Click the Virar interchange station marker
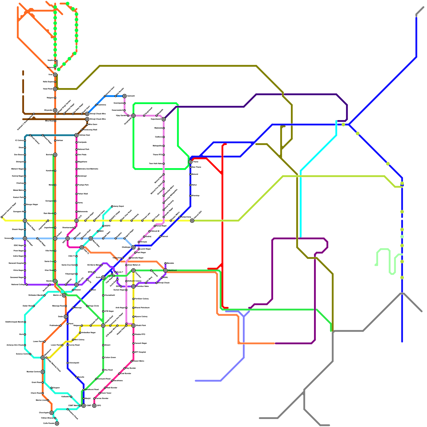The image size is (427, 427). click(x=55, y=75)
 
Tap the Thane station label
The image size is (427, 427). click(x=196, y=162)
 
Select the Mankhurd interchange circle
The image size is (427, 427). click(x=165, y=270)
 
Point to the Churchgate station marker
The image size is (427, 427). click(x=52, y=413)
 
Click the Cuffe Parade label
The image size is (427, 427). click(x=49, y=423)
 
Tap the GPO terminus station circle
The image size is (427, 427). click(x=94, y=406)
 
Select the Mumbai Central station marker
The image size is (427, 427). click(x=43, y=372)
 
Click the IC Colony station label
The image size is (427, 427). click(x=19, y=140)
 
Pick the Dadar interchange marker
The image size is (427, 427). click(x=66, y=317)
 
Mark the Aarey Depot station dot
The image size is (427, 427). click(x=112, y=206)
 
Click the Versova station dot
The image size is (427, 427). click(x=12, y=238)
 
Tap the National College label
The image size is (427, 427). click(x=18, y=284)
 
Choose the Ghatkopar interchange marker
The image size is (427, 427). click(x=133, y=247)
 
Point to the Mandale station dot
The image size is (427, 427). click(x=165, y=263)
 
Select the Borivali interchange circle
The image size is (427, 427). click(x=55, y=155)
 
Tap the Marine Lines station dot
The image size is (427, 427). click(x=48, y=400)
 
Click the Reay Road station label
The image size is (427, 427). click(x=108, y=370)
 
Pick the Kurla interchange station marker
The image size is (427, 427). click(x=103, y=278)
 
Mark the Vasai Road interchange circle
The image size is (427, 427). click(x=55, y=89)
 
